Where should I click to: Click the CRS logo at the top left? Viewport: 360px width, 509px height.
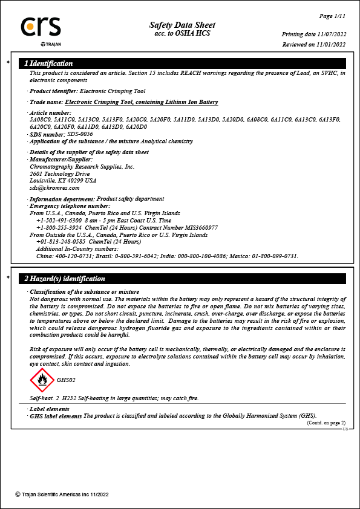coord(41,27)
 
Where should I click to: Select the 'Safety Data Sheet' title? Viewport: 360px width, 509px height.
coord(182,25)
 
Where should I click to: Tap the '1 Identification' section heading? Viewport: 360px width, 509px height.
coord(48,63)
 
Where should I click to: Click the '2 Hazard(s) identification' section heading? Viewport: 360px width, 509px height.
coord(65,279)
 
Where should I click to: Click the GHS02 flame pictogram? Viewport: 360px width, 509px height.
coord(42,380)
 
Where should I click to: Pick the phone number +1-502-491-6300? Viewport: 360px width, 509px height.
coord(59,221)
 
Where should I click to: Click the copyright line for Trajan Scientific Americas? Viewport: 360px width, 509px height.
coord(62,494)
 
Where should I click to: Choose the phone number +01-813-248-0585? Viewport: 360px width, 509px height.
coord(61,242)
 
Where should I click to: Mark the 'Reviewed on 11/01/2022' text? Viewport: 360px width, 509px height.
coord(314,44)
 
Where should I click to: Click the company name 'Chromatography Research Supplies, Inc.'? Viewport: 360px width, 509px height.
coord(82,166)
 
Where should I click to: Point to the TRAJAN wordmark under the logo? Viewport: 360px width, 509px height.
coord(51,45)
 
